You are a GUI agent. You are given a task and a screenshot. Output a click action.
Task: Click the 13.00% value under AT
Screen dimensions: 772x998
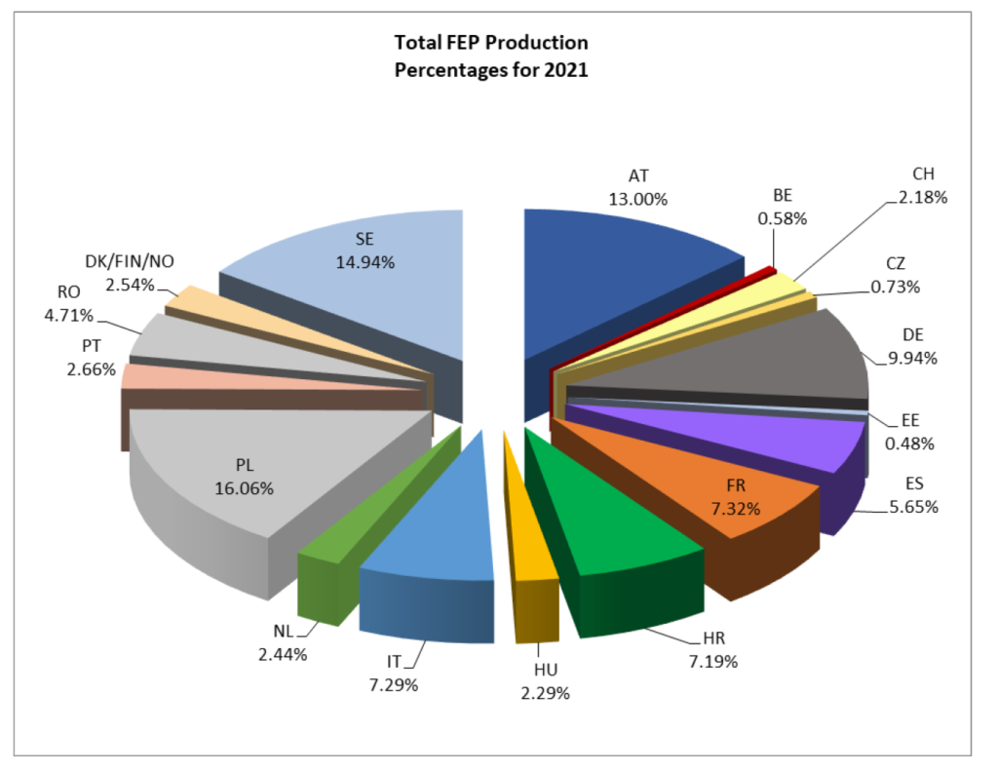point(638,199)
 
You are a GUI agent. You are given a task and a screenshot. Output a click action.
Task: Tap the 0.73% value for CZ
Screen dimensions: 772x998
point(896,287)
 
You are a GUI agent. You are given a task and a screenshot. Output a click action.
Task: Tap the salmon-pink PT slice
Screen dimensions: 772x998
point(195,377)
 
